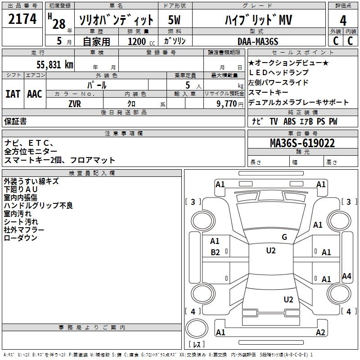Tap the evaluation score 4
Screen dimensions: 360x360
coord(343,20)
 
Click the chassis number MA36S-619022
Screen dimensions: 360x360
coord(302,143)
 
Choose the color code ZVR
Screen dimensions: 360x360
coord(75,103)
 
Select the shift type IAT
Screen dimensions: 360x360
coord(13,94)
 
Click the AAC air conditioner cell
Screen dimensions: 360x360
coord(35,94)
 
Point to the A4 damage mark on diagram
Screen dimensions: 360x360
coord(346,276)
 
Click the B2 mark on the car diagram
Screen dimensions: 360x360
coord(216,252)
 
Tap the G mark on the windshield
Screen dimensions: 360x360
coord(284,237)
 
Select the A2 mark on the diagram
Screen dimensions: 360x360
coord(320,333)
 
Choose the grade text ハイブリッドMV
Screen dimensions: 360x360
coord(258,20)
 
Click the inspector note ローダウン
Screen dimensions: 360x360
coord(21,238)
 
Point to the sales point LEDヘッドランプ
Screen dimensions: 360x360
coord(279,72)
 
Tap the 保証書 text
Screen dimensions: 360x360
coord(15,121)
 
